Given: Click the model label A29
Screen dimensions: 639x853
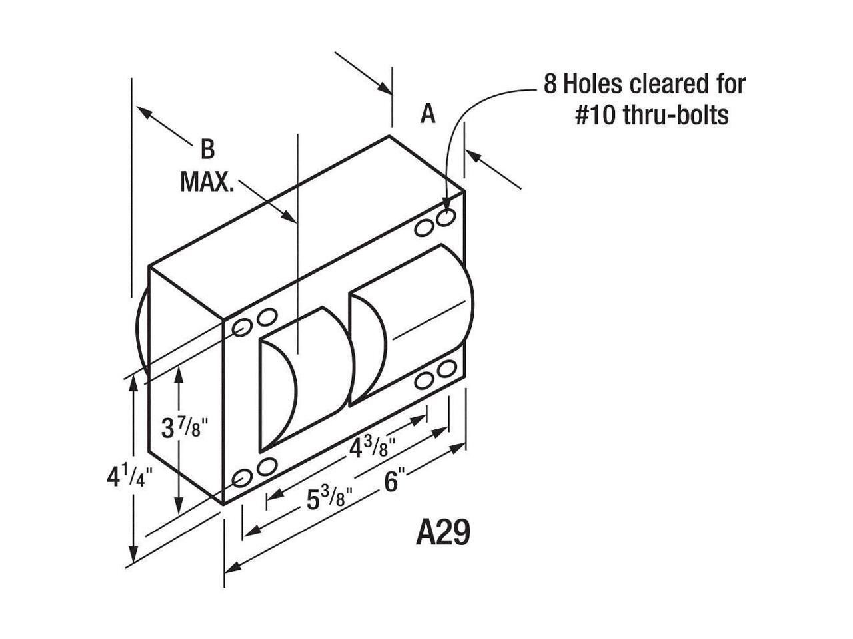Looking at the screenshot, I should [x=443, y=532].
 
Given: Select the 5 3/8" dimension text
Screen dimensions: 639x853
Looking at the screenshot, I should [x=329, y=498].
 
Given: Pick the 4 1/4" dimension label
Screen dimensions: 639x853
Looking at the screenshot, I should [x=129, y=477].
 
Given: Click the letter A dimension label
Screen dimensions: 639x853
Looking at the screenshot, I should [x=428, y=114].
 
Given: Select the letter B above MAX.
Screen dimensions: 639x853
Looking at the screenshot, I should [x=208, y=150].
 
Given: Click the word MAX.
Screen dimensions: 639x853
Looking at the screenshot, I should [x=207, y=182].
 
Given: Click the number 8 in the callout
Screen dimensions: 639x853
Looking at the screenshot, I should [x=550, y=85].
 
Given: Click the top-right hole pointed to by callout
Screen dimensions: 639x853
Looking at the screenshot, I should [x=447, y=218].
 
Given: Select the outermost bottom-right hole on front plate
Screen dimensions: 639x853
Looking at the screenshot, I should [x=447, y=368].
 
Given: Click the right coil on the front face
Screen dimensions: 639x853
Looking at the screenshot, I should [x=410, y=323].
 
